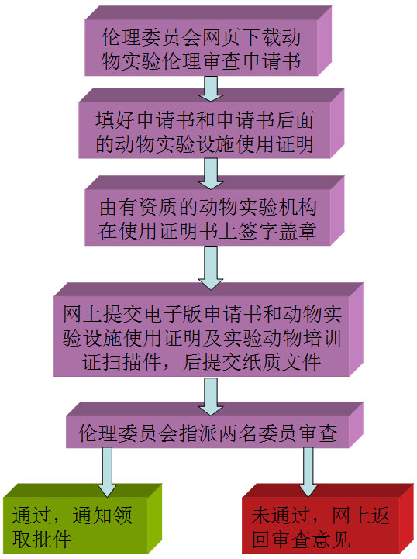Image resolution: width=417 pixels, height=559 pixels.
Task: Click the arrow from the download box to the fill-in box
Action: click(211, 88)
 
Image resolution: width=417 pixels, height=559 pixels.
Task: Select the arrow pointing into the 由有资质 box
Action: click(211, 174)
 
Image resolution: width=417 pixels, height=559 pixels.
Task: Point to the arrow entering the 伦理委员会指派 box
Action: click(211, 396)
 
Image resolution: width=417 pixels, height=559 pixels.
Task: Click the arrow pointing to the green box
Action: click(107, 472)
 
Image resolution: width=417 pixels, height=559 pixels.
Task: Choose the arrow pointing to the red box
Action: click(308, 472)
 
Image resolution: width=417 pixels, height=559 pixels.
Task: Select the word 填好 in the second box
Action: click(115, 119)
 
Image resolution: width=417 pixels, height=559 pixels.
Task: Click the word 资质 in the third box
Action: click(159, 207)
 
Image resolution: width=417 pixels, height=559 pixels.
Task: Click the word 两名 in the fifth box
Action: click(238, 433)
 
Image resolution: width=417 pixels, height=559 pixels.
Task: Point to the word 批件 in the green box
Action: click(52, 539)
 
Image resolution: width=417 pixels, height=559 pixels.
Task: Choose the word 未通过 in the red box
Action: click(281, 515)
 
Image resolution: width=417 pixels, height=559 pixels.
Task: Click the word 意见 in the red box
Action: click(331, 539)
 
